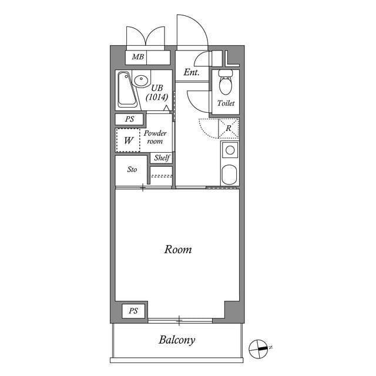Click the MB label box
(137, 57)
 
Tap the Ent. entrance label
(192, 73)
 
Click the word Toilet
(226, 103)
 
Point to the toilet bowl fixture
(225, 86)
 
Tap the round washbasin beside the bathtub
(140, 80)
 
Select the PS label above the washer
(129, 119)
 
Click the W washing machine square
(128, 140)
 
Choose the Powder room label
(156, 137)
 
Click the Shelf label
(162, 158)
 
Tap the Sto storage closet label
(132, 170)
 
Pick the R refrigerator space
(228, 127)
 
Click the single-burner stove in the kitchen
(230, 150)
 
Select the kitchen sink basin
(230, 174)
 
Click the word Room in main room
(177, 250)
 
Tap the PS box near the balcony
(133, 311)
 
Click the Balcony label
(176, 340)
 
